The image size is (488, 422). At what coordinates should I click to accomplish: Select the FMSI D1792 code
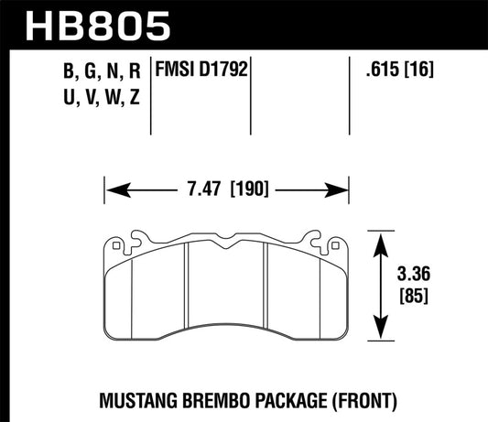pyautogui.click(x=204, y=69)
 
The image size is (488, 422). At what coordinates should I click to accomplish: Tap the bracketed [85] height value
pyautogui.click(x=414, y=298)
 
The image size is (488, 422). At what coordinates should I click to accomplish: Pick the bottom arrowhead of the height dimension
pyautogui.click(x=378, y=339)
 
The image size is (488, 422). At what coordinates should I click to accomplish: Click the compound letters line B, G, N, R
pyautogui.click(x=102, y=69)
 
